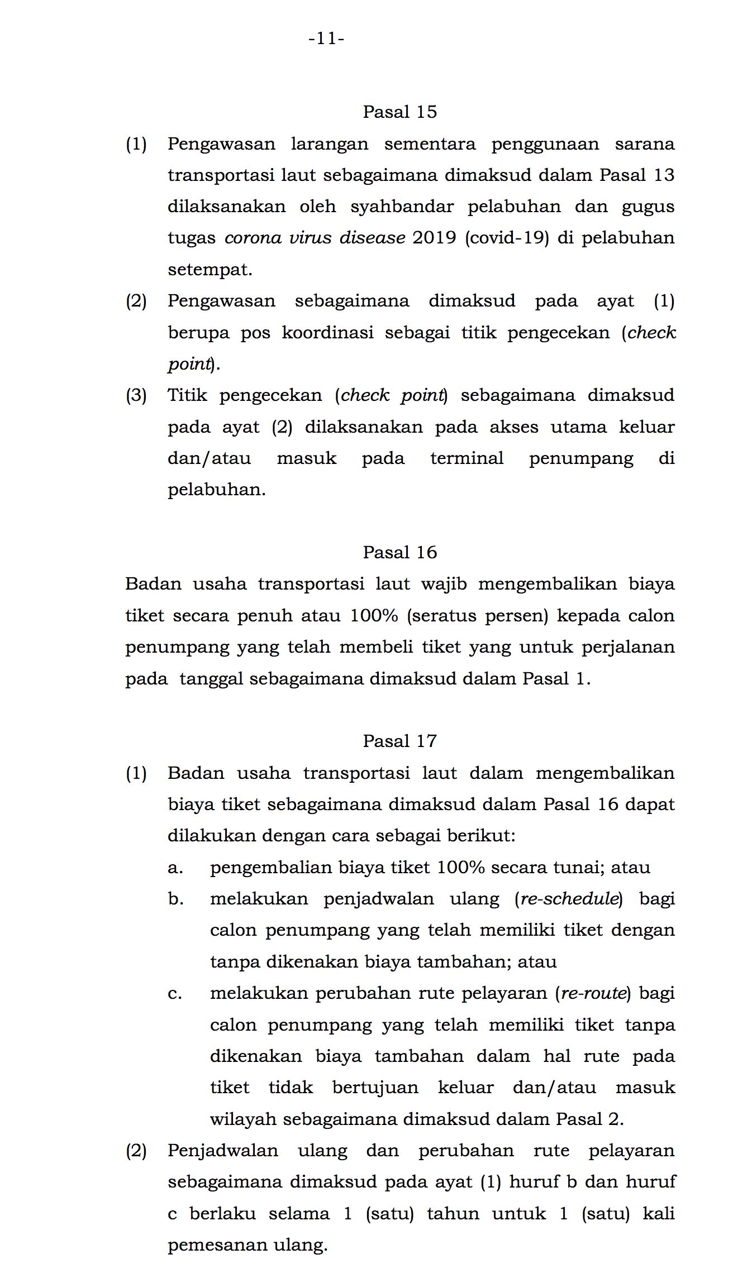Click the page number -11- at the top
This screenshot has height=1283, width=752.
click(x=326, y=39)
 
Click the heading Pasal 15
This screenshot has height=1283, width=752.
click(x=399, y=112)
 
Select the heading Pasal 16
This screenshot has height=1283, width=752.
click(x=399, y=552)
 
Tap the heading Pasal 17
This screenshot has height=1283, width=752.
click(x=399, y=741)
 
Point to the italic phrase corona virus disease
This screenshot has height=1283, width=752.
click(x=315, y=238)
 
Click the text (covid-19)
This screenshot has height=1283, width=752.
click(x=507, y=238)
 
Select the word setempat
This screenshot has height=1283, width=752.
click(x=210, y=270)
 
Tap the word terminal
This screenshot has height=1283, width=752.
click(x=467, y=458)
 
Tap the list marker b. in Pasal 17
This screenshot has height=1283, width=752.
click(x=175, y=899)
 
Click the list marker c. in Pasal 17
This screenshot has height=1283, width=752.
click(x=175, y=993)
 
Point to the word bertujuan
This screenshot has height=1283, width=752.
click(x=375, y=1088)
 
